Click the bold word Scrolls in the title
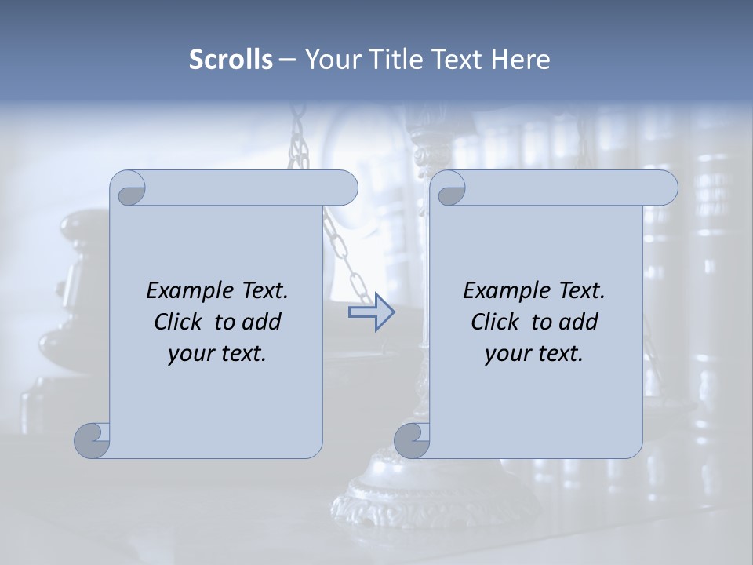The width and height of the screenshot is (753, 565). click(x=231, y=59)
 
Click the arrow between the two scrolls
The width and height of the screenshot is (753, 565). click(x=372, y=312)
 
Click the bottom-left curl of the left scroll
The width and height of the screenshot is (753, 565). click(x=93, y=439)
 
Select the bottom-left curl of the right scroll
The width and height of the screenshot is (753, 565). click(x=411, y=439)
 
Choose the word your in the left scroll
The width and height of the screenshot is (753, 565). click(x=187, y=354)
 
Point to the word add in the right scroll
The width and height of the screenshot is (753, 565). click(x=579, y=322)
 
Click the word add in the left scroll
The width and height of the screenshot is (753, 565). click(x=262, y=322)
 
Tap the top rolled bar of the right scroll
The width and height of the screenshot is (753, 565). click(x=565, y=188)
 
